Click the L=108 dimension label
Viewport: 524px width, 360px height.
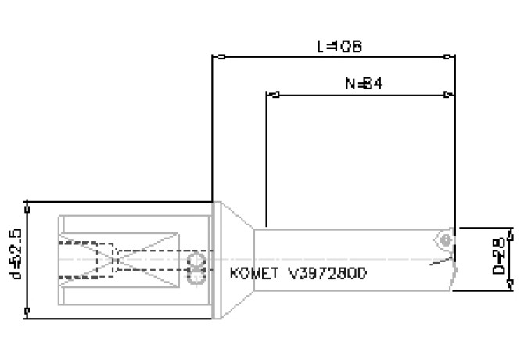click(339, 46)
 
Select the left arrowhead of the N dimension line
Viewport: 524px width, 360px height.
click(275, 95)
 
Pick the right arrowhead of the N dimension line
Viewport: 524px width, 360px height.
click(448, 95)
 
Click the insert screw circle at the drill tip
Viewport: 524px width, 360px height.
click(444, 236)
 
